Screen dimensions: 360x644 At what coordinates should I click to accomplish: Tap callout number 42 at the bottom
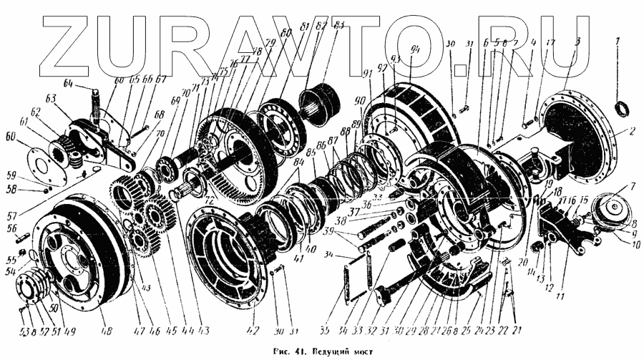coord(252,330)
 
